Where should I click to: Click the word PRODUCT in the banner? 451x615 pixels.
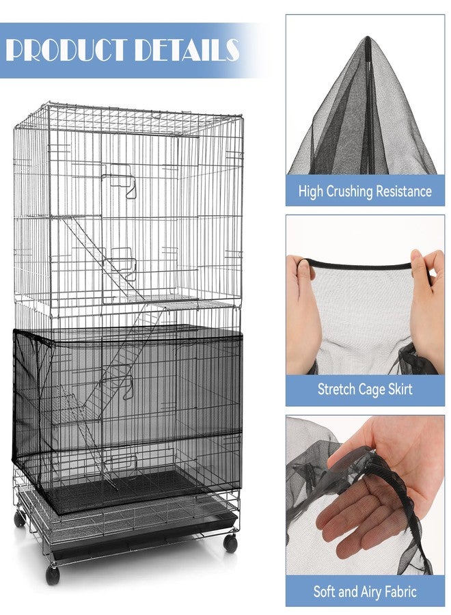[x=68, y=50]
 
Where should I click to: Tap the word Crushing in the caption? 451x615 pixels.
[x=349, y=191]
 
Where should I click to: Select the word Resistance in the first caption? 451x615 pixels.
[x=404, y=191]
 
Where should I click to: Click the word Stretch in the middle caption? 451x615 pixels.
[x=336, y=389]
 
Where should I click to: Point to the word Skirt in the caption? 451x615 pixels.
[x=399, y=389]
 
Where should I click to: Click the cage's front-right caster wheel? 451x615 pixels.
[x=230, y=545]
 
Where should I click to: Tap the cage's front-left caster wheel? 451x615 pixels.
[x=53, y=575]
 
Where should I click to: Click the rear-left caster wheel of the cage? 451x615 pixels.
[x=19, y=519]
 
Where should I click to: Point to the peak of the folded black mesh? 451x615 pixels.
[x=368, y=38]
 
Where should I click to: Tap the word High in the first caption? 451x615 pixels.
[x=311, y=191]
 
